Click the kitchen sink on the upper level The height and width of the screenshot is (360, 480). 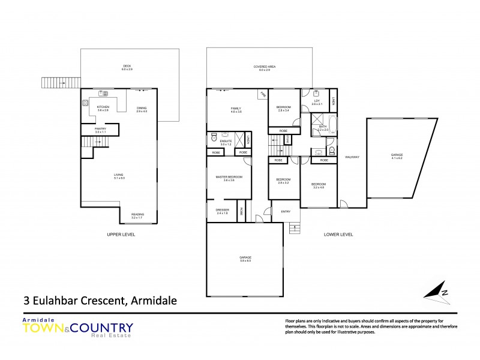[x=103, y=93]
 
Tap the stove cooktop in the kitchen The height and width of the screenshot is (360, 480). [x=85, y=103]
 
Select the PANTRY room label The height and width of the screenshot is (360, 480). [x=100, y=130]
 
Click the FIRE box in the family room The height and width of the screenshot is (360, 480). [x=262, y=95]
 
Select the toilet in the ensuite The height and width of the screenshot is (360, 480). [x=214, y=138]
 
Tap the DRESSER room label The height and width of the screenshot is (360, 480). [x=222, y=211]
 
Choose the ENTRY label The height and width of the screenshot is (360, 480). [x=286, y=211]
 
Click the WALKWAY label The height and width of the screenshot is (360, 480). [x=352, y=157]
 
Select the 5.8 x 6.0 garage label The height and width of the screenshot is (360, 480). [x=245, y=259]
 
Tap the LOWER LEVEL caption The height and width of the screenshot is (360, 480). [x=338, y=235]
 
